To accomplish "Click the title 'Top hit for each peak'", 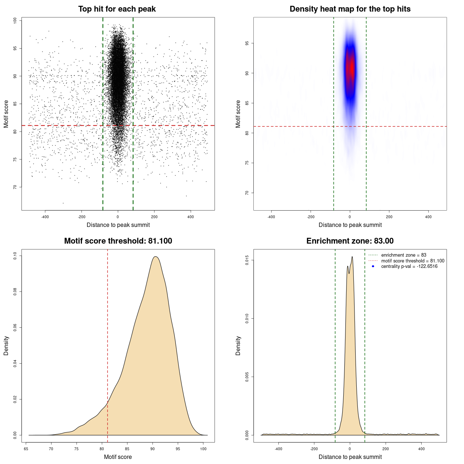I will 117,9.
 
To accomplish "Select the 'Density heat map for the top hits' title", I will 350,9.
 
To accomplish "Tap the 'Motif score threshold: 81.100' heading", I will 118,241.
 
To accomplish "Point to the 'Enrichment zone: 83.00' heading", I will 350,241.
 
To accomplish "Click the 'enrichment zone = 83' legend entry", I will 403,255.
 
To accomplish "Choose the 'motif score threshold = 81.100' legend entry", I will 413,261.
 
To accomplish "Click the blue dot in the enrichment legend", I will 373,266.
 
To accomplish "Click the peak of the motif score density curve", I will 156,257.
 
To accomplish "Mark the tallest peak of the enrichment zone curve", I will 352,257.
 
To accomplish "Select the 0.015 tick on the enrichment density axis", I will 247,260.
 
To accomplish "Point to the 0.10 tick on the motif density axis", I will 15,256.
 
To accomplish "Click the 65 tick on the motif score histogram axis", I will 26,449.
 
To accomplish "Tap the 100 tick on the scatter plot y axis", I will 15,21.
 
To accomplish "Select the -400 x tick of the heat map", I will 271,217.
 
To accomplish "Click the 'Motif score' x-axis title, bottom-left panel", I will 118,457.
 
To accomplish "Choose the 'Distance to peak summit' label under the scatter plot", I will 118,225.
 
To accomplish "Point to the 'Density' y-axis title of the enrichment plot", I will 238,345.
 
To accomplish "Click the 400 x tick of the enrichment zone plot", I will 421,449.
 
